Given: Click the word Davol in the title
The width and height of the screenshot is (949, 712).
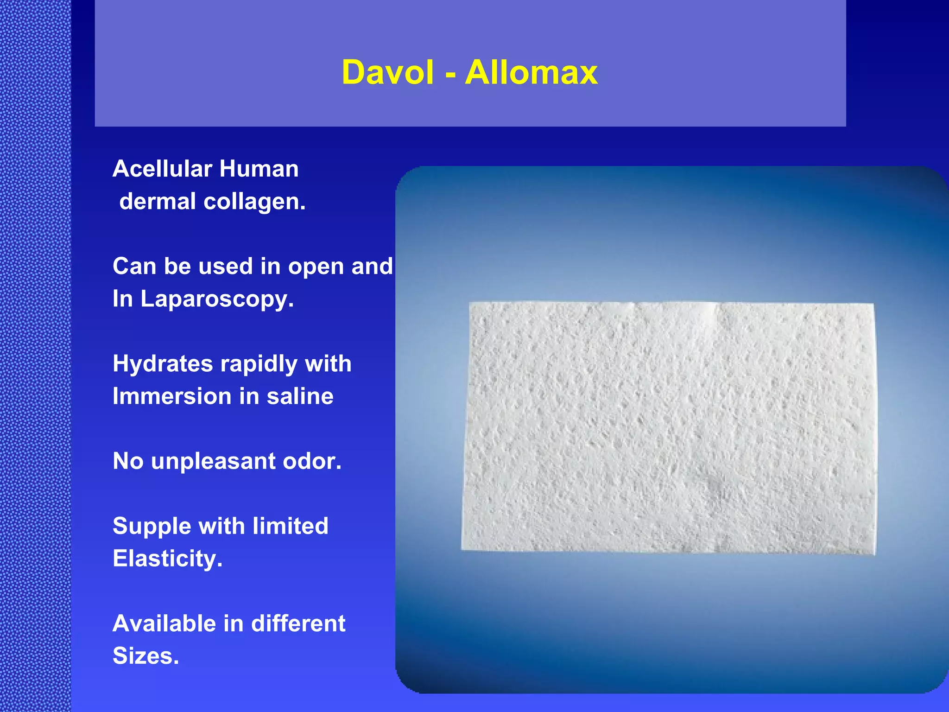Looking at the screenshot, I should click(387, 73).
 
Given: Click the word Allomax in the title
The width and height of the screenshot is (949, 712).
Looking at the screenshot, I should click(531, 73).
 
